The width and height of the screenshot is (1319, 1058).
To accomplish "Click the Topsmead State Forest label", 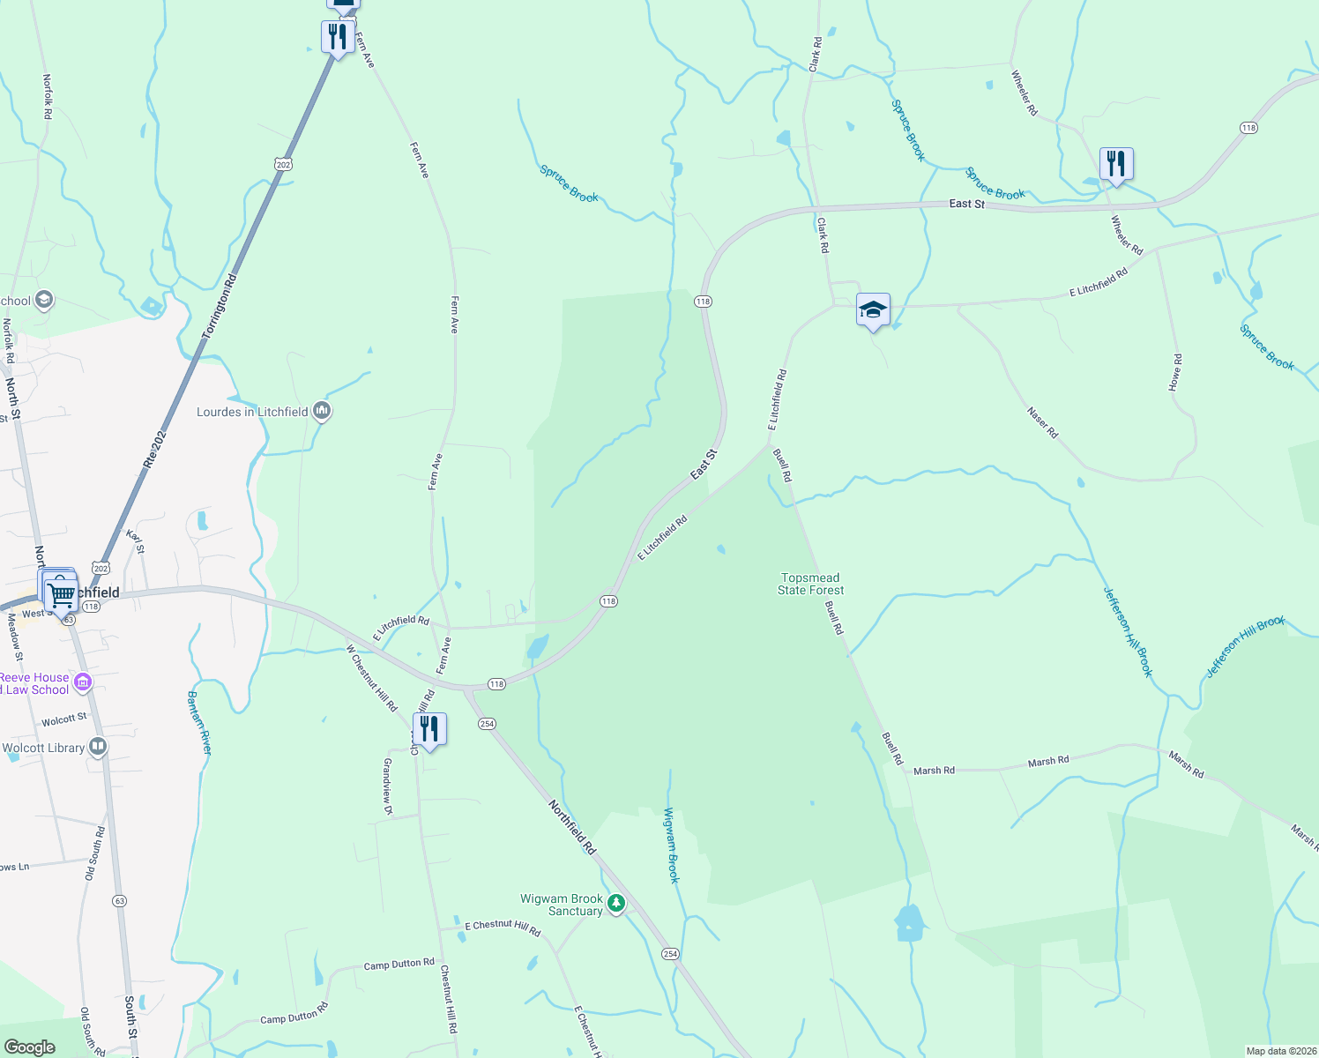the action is (810, 585).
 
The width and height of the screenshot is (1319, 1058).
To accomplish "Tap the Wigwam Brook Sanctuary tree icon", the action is (616, 904).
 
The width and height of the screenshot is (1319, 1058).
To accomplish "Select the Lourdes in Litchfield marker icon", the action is (322, 411).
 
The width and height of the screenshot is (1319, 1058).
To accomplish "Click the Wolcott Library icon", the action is (98, 748).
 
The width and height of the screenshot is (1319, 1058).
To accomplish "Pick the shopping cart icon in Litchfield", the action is (60, 595).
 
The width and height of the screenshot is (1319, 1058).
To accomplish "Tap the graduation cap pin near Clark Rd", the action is (873, 310).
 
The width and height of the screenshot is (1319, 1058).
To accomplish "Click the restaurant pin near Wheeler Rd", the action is (1115, 164).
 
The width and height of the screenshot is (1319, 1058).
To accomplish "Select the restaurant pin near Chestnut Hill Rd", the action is (429, 730).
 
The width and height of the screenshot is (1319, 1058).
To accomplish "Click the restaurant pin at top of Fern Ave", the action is (338, 37).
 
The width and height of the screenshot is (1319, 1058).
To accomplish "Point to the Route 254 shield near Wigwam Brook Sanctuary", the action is (670, 954).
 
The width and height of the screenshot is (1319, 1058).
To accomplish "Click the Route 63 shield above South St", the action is (120, 901).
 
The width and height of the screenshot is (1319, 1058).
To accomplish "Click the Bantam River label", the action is (199, 723).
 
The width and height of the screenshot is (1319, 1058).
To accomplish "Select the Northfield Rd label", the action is (572, 827).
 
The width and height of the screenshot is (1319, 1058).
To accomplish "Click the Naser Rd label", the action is (1042, 422).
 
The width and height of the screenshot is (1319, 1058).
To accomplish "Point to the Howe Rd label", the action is (1175, 373).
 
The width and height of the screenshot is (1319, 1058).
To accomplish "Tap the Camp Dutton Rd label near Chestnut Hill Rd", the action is (399, 965).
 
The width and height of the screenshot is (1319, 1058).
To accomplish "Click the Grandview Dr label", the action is (387, 780).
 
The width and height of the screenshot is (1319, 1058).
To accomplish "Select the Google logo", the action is (29, 1047).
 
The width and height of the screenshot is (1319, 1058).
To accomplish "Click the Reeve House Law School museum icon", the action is (83, 682).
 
